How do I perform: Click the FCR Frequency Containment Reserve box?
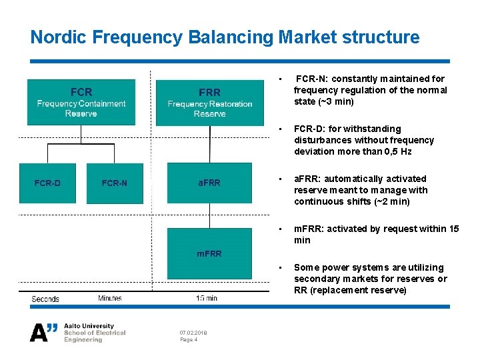81,102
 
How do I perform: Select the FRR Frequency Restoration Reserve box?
209,102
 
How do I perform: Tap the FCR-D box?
47,183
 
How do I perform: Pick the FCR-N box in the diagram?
114,183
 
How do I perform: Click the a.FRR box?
209,183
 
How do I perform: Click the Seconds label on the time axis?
45,299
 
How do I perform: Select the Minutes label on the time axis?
110,299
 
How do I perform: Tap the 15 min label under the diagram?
207,299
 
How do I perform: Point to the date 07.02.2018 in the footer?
193,332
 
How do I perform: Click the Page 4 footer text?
189,340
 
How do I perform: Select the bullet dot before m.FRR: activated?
283,229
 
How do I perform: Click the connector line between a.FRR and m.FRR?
209,213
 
